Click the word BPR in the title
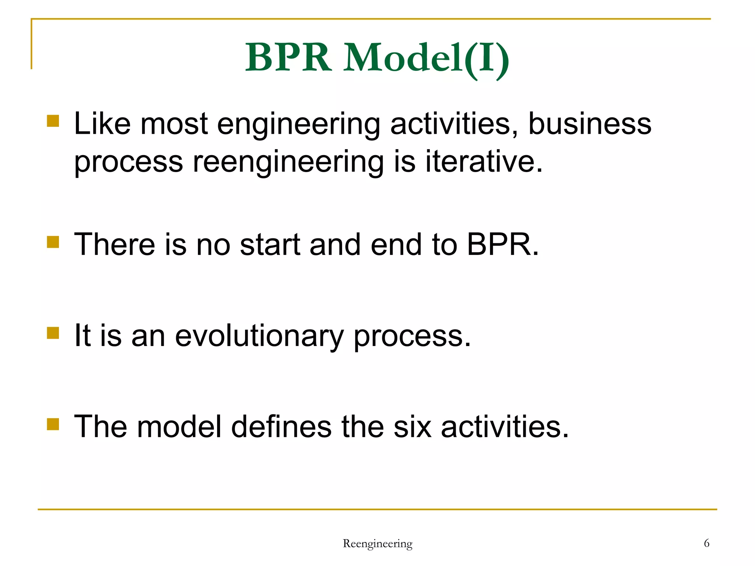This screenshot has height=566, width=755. [288, 58]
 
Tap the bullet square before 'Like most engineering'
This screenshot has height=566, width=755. [53, 121]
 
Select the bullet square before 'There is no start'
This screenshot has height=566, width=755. [53, 242]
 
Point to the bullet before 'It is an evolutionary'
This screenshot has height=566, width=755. [53, 333]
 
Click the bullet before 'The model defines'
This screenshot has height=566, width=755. [53, 424]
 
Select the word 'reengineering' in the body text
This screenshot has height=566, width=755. [288, 162]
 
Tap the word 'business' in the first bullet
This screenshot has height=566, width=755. [590, 124]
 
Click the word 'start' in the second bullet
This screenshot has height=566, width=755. [269, 245]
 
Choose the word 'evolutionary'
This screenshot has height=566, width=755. [259, 336]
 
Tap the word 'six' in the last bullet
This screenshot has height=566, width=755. [412, 427]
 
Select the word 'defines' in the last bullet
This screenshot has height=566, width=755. [281, 427]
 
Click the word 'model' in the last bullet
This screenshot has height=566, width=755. [179, 427]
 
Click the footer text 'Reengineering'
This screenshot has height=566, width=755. [377, 544]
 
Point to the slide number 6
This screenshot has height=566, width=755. [706, 543]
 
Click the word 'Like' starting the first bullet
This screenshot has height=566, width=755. [102, 124]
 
